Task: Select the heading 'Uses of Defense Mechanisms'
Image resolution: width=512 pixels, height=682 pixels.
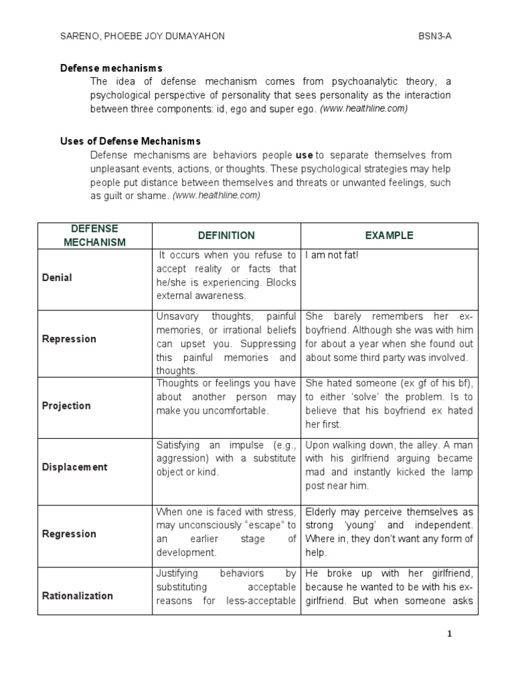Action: [x=130, y=141]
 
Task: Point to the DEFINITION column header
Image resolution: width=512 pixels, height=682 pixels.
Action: [x=226, y=235]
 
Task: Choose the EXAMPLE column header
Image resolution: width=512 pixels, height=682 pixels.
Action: [x=389, y=235]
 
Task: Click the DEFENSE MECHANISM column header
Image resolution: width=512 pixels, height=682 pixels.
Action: [x=95, y=235]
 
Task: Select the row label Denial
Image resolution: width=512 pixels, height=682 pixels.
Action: [x=57, y=278]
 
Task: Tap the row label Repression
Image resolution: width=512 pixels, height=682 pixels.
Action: [x=69, y=339]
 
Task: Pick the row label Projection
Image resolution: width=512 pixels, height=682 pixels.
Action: [x=66, y=406]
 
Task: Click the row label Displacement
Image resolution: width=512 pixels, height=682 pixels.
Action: [x=75, y=467]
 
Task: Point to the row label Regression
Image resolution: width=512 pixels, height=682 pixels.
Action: [x=69, y=533]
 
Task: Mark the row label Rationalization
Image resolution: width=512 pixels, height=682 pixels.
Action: [x=77, y=596]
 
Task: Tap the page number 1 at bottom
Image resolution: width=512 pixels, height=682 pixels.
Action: [x=449, y=634]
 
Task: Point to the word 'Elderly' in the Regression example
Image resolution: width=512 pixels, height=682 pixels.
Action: [x=321, y=511]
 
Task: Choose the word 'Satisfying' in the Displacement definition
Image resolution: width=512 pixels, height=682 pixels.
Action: [x=178, y=445]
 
